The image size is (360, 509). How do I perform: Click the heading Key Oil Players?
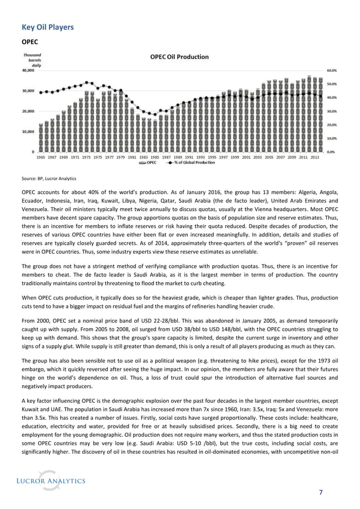[47, 27]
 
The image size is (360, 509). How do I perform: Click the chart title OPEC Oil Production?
[179, 56]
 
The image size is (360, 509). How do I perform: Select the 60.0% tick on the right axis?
[332, 71]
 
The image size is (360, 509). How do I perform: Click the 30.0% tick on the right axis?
[332, 111]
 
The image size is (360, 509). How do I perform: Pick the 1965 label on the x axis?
[42, 157]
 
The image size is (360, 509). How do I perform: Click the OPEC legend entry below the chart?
[148, 163]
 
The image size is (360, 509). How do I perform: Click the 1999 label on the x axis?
[235, 157]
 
